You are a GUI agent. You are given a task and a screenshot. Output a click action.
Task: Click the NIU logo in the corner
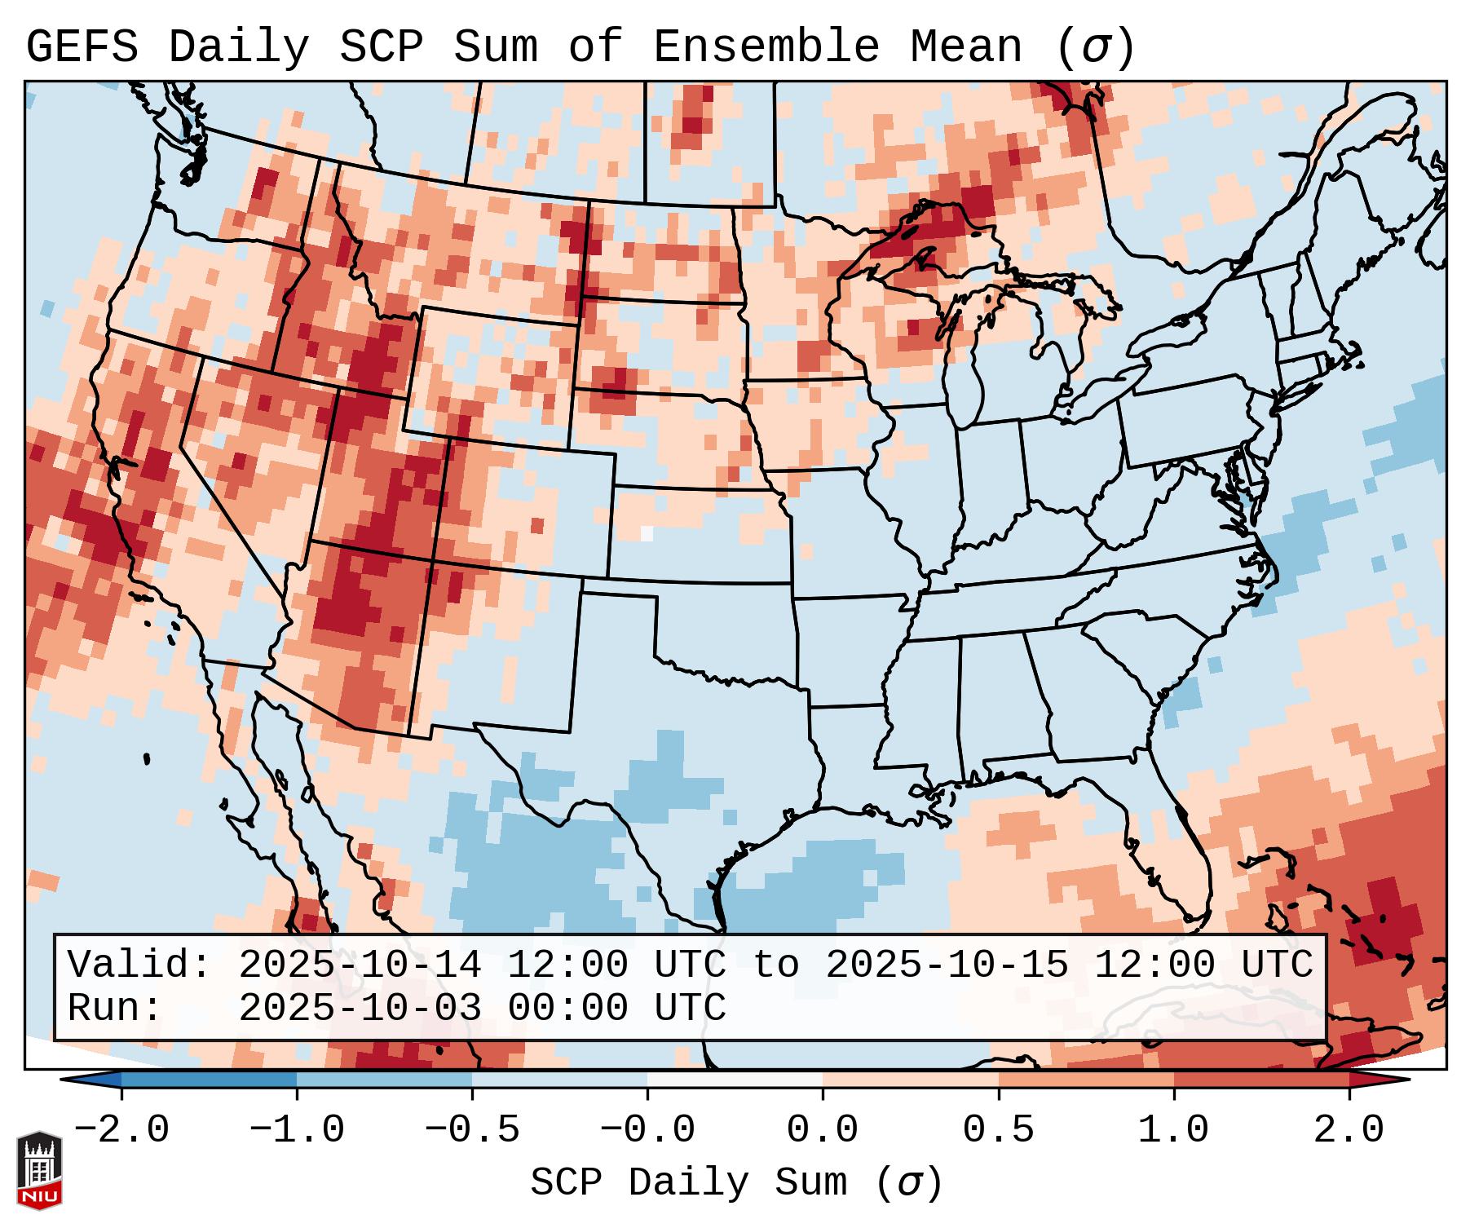39,1169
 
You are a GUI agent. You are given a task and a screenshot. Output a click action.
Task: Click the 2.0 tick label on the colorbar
1349,1130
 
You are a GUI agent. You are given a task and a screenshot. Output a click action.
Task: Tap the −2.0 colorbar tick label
121,1130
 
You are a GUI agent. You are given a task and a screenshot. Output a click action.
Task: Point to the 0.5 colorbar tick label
998,1130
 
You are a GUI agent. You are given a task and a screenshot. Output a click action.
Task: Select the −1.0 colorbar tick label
297,1130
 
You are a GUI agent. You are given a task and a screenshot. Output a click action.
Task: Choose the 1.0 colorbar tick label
1173,1130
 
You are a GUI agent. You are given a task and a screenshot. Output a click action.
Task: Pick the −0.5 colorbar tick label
472,1130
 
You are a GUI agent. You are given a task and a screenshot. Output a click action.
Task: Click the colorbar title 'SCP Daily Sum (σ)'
736,1183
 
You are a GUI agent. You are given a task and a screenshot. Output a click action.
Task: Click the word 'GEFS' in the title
82,47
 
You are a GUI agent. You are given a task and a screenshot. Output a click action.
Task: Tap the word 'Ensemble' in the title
766,47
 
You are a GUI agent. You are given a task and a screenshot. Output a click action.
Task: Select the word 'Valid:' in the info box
139,965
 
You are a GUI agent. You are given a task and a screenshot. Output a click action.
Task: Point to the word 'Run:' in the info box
115,1008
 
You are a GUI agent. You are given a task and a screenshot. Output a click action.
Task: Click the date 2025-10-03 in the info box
360,1008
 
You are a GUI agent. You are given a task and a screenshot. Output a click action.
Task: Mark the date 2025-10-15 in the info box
947,965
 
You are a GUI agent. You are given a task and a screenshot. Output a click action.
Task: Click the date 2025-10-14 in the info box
360,965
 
